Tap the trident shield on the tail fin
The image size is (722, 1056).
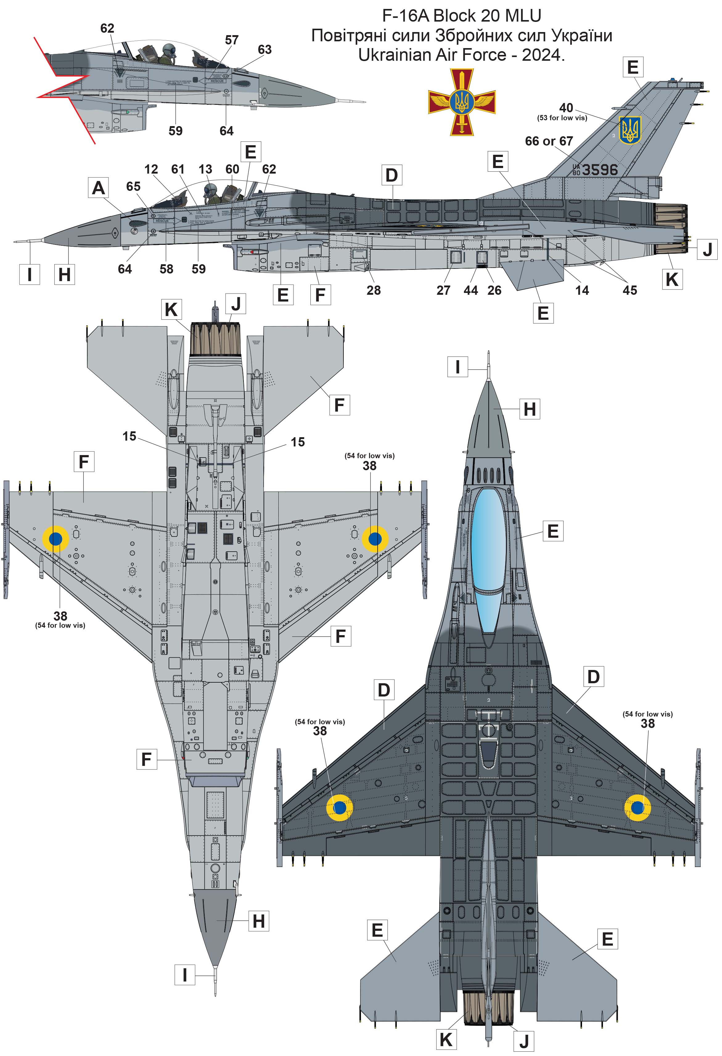[630, 129]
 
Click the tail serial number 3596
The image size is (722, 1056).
[600, 170]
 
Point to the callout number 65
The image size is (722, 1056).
[133, 186]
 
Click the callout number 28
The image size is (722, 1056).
[374, 290]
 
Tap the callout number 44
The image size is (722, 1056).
[471, 290]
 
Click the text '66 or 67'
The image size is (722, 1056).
[548, 141]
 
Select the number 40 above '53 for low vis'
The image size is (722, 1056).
[566, 108]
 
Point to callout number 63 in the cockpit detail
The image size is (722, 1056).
[265, 50]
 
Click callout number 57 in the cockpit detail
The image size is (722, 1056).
[232, 40]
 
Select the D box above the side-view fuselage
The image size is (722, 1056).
[391, 175]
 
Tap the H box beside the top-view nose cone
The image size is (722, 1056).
[529, 409]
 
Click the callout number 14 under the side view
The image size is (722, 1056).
[582, 290]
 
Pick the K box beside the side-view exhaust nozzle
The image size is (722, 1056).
[671, 279]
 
